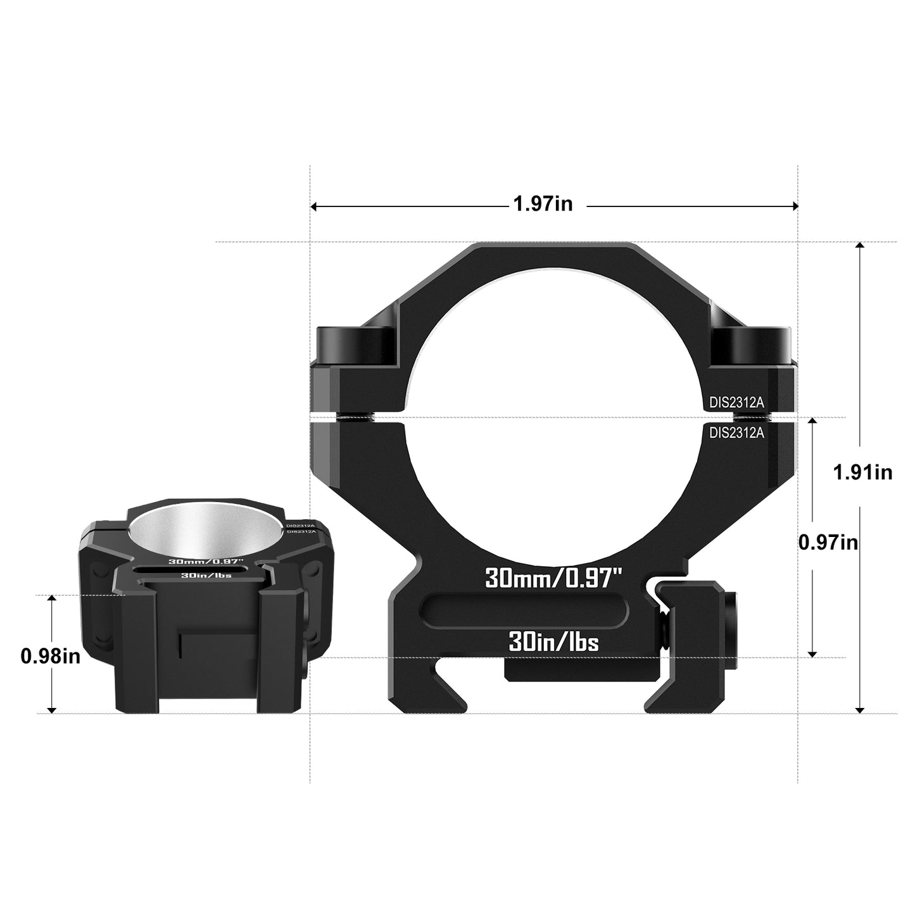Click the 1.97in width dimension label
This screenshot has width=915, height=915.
click(543, 205)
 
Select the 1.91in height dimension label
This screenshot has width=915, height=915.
click(862, 472)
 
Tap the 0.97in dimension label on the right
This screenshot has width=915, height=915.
click(828, 542)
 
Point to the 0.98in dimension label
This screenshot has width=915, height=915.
click(51, 657)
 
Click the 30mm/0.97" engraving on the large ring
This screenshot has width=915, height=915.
click(554, 577)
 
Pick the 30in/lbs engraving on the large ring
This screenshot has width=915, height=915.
click(553, 643)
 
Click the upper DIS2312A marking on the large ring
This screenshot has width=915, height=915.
click(737, 403)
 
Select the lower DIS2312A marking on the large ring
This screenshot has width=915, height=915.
click(737, 433)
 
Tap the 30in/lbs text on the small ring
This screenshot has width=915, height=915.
click(206, 575)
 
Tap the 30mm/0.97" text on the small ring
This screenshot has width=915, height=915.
click(206, 562)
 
